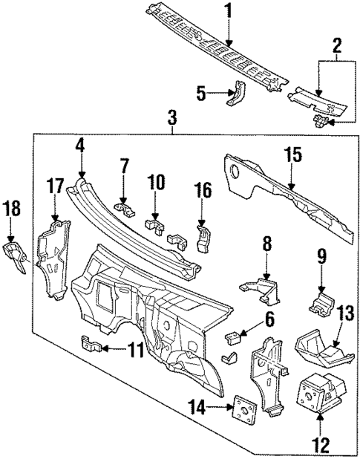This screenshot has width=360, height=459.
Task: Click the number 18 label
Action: pos(13,209)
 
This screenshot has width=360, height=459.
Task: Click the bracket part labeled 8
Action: pos(260,288)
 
